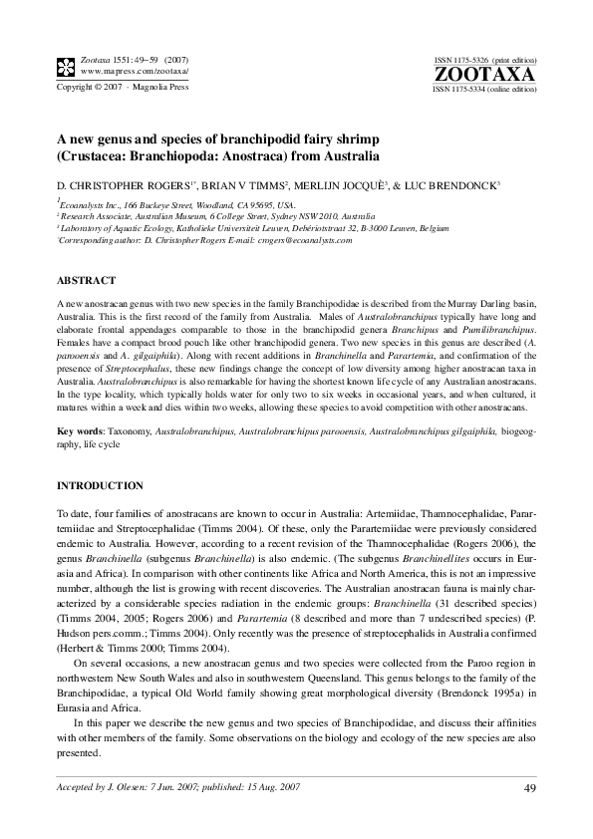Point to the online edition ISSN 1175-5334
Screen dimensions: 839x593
(x=484, y=89)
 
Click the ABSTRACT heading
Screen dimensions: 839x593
(x=87, y=280)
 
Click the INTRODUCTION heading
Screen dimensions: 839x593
(x=100, y=485)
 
